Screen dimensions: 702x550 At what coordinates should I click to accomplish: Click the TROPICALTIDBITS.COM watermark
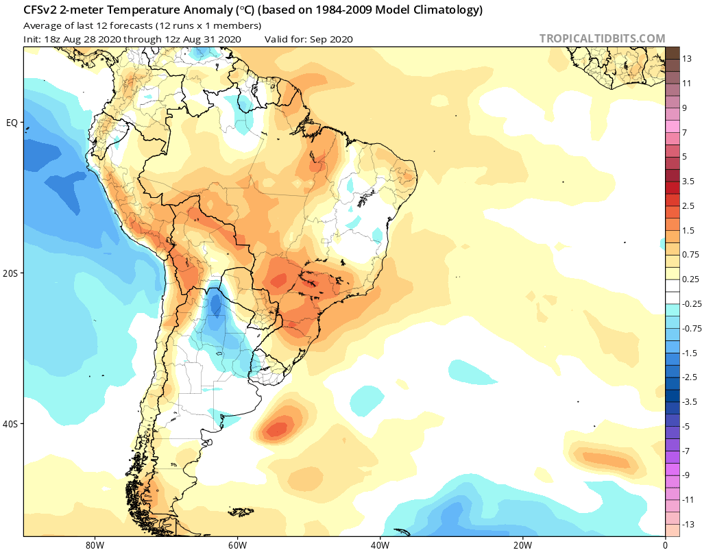point(602,38)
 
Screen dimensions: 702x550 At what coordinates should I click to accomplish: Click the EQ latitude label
point(12,123)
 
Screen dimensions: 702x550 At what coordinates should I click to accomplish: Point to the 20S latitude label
point(10,273)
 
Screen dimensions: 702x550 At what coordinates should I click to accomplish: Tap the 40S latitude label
point(10,424)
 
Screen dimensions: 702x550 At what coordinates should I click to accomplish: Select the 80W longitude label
point(95,545)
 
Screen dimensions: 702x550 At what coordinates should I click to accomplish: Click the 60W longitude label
point(237,545)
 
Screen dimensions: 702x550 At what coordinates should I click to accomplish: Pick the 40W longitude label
point(380,545)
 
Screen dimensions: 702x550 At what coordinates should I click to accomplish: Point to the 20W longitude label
point(522,545)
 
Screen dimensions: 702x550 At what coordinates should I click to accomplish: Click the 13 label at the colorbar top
point(687,59)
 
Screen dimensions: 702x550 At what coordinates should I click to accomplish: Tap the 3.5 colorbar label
point(688,181)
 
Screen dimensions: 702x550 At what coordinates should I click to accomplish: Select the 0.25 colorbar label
point(690,279)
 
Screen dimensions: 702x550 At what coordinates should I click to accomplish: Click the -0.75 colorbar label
point(692,328)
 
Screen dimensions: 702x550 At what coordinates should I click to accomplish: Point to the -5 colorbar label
point(686,426)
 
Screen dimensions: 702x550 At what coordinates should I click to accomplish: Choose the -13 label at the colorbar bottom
point(688,524)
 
